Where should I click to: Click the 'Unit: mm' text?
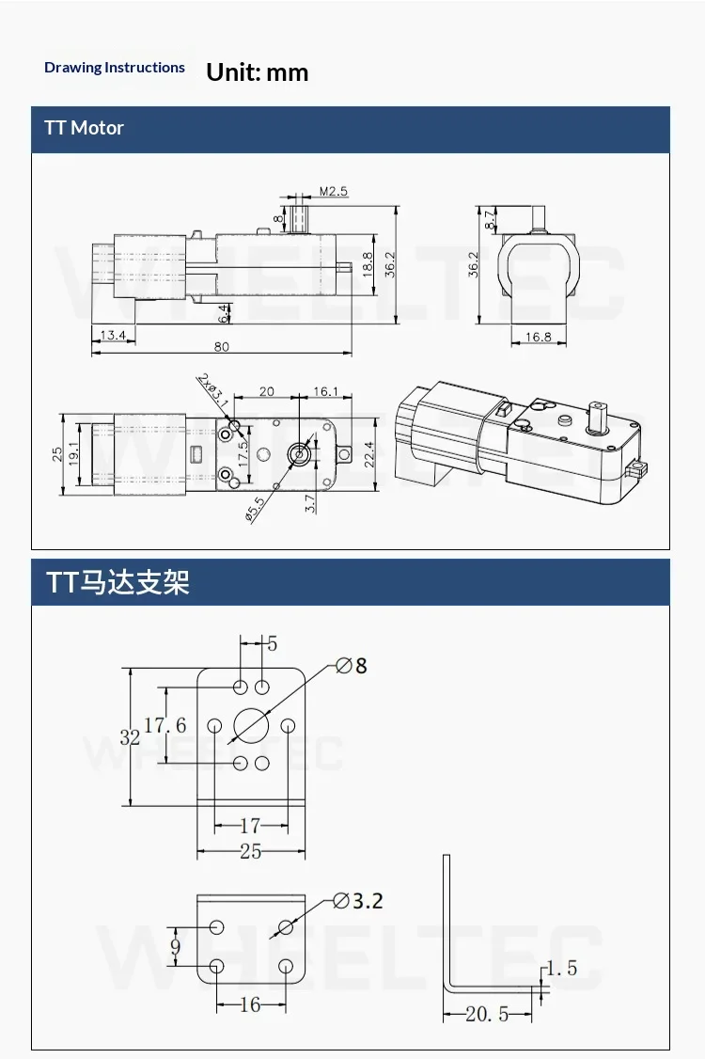click(x=258, y=72)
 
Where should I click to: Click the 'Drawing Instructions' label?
click(x=114, y=68)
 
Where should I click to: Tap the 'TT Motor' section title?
click(x=84, y=128)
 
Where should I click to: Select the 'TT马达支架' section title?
click(x=117, y=582)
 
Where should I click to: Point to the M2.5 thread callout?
click(x=334, y=191)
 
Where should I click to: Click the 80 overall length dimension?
click(x=222, y=347)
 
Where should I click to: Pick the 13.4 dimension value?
click(x=113, y=335)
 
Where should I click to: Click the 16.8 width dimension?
click(x=539, y=337)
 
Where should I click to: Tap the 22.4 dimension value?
click(x=368, y=454)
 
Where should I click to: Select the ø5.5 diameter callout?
click(x=256, y=509)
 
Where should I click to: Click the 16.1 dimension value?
click(x=325, y=391)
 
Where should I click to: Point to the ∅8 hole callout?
click(x=352, y=666)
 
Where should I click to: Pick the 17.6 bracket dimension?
click(x=164, y=725)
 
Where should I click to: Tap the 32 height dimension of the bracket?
click(x=130, y=737)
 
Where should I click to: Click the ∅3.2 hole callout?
click(x=358, y=901)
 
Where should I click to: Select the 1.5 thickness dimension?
click(x=562, y=969)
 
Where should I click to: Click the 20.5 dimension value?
click(x=487, y=1014)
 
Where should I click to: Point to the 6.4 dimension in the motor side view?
click(x=224, y=313)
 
